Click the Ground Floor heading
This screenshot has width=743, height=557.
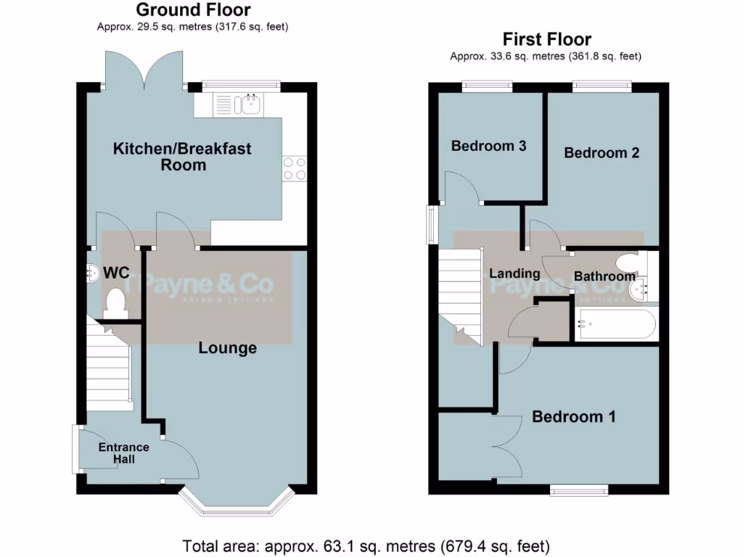[x=193, y=10]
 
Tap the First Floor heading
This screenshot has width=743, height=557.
[x=547, y=39]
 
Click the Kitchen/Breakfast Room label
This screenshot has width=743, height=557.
[x=182, y=157]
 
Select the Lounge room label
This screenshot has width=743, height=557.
[x=228, y=348]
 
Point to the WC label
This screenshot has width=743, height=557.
[x=116, y=273]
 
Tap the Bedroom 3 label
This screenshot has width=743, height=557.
[x=488, y=146]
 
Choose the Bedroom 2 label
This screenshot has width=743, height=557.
[x=602, y=153]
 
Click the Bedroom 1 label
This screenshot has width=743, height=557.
[x=574, y=417]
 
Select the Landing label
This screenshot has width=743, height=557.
[x=514, y=273]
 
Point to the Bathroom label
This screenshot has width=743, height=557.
[x=604, y=276]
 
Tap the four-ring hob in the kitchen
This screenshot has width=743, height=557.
[x=294, y=169]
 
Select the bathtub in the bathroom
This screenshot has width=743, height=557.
[x=616, y=324]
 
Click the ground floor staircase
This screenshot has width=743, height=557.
[x=110, y=370]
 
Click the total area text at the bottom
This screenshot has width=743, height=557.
[x=366, y=545]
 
